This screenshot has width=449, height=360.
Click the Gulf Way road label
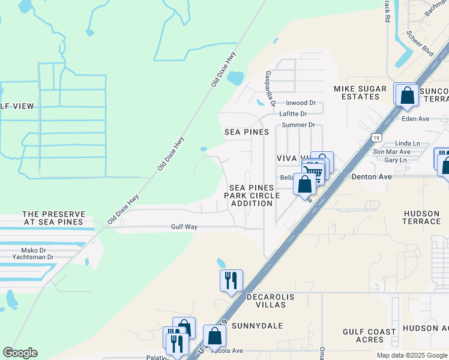pyautogui.click(x=184, y=227)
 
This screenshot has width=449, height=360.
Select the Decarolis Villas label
pyautogui.click(x=261, y=301)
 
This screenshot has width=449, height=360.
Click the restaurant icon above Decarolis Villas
pyautogui.click(x=231, y=280)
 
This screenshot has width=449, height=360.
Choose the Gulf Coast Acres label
pyautogui.click(x=369, y=335)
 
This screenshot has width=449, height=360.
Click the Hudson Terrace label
pyautogui.click(x=422, y=217)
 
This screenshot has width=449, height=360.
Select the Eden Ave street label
pyautogui.click(x=416, y=119)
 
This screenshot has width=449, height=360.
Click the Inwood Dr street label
pyautogui.click(x=300, y=103)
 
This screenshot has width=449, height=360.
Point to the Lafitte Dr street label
pyautogui.click(x=295, y=113)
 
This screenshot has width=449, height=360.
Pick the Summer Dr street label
pyautogui.click(x=298, y=125)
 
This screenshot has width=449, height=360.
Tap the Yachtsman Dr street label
pyautogui.click(x=33, y=257)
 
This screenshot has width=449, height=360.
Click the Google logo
pyautogui.click(x=20, y=353)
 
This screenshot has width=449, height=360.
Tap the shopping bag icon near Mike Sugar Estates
pyautogui.click(x=407, y=95)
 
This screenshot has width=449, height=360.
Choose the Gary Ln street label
pyautogui.click(x=395, y=160)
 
